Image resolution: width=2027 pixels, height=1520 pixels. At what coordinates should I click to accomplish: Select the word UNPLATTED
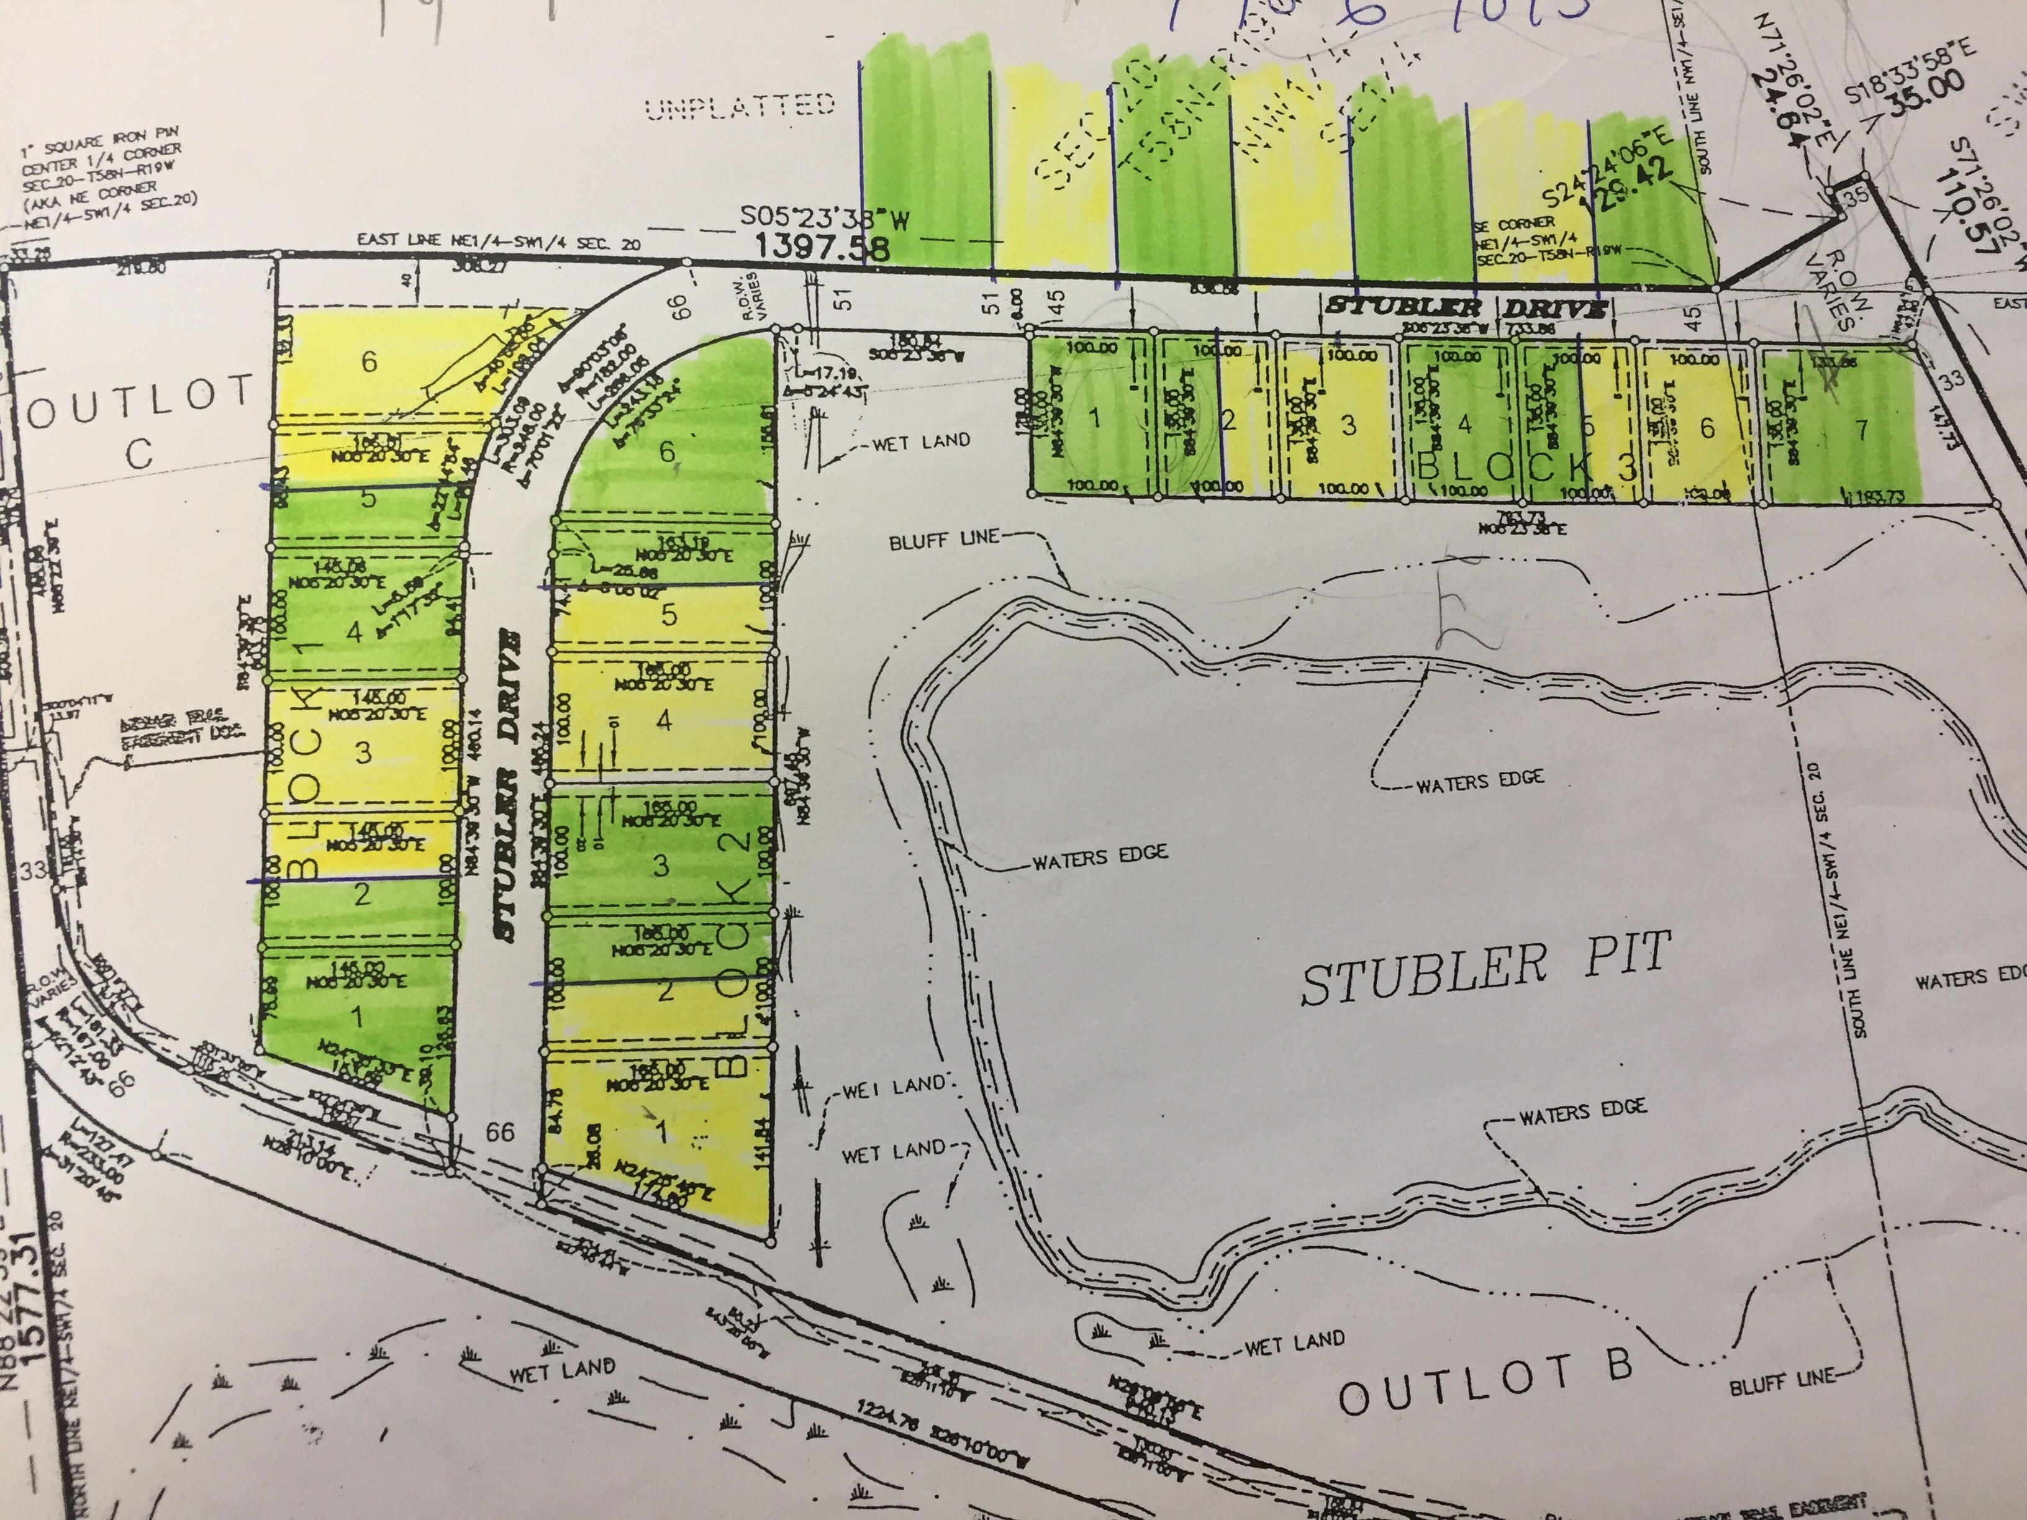pos(740,107)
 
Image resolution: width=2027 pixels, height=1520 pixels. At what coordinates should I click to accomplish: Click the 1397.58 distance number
pos(822,247)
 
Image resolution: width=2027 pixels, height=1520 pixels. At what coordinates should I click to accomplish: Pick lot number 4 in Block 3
pos(1464,424)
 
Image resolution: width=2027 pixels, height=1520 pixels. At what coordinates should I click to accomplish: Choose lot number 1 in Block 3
pos(1093,418)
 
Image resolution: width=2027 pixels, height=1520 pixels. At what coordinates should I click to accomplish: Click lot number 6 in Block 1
pos(368,362)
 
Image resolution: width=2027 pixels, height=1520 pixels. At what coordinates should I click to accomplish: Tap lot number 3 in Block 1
pos(363,752)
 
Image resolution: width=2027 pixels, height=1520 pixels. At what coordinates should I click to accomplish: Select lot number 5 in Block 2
pos(669,615)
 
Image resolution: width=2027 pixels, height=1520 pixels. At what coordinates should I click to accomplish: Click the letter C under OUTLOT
pos(138,453)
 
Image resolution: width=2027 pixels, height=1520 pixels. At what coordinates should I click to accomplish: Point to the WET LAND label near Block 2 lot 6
pos(921,441)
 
